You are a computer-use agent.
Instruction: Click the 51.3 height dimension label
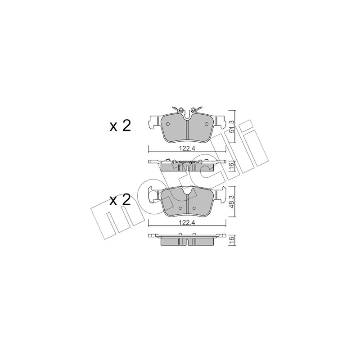click(232, 126)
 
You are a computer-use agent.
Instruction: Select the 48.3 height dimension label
click(232, 202)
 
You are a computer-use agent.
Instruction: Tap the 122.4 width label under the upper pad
click(187, 148)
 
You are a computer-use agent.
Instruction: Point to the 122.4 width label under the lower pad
click(187, 222)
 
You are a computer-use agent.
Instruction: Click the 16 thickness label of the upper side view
click(232, 165)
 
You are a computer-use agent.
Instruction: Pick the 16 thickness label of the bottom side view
click(232, 239)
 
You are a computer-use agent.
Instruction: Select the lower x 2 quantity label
click(120, 200)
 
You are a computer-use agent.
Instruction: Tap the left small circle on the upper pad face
click(167, 124)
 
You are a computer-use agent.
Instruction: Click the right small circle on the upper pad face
click(206, 124)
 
